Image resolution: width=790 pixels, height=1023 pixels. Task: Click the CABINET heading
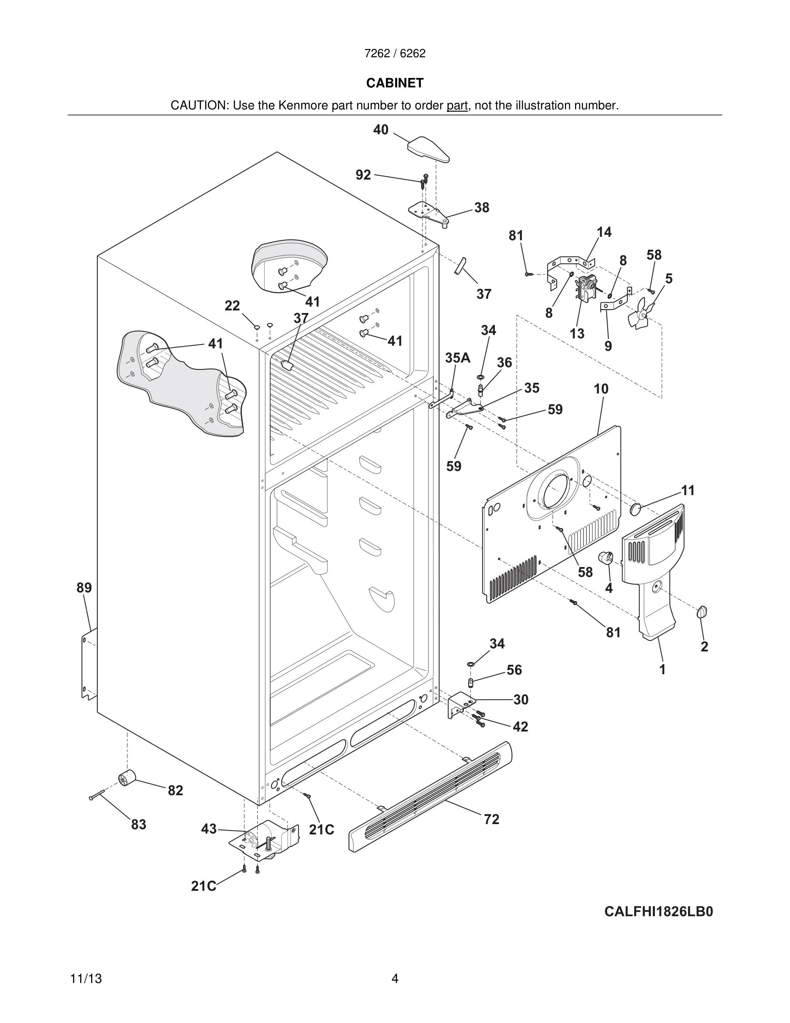[x=395, y=83]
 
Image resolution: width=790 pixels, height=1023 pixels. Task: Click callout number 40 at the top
[x=380, y=130]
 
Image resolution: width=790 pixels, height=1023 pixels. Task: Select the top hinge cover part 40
[x=428, y=149]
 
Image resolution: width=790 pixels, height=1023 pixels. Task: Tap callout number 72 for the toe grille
[x=491, y=819]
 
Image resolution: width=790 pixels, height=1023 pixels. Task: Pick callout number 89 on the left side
[x=84, y=587]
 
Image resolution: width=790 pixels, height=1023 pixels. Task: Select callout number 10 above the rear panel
[x=601, y=389]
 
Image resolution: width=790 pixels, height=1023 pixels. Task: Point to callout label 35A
[x=457, y=358]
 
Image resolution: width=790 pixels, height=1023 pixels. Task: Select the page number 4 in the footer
[x=395, y=979]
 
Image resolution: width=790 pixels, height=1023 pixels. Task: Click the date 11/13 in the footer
[x=86, y=979]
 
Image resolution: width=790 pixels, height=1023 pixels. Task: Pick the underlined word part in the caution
[x=457, y=106]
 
